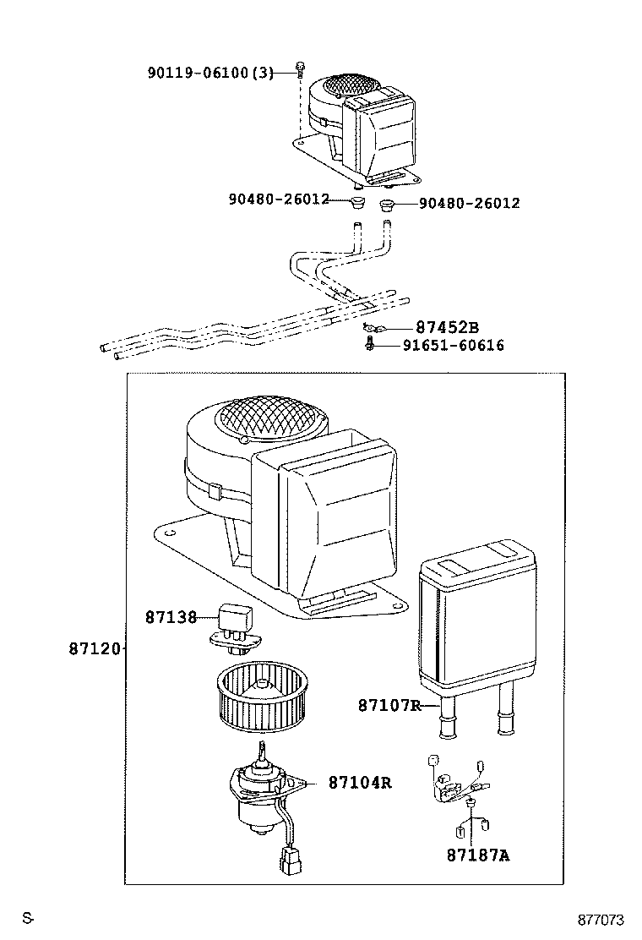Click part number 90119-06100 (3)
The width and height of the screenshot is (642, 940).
[210, 73]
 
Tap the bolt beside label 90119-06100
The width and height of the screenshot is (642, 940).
[300, 68]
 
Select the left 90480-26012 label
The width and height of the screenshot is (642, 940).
[278, 200]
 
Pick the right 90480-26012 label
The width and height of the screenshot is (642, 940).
[469, 203]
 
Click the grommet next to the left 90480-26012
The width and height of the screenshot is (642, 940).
[359, 202]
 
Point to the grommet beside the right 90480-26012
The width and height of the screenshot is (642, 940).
[388, 204]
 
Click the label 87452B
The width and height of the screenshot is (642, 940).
[447, 328]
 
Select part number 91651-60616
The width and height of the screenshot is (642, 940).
[453, 345]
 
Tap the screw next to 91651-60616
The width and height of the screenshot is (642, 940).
[370, 344]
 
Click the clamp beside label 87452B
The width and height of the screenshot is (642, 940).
[371, 327]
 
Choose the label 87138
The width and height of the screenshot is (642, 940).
[170, 617]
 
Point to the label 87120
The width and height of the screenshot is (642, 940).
[94, 649]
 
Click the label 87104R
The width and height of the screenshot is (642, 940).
[360, 783]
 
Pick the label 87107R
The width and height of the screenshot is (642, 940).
[389, 705]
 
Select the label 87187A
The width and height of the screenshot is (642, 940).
[478, 855]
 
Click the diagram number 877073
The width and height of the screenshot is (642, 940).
[601, 920]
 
